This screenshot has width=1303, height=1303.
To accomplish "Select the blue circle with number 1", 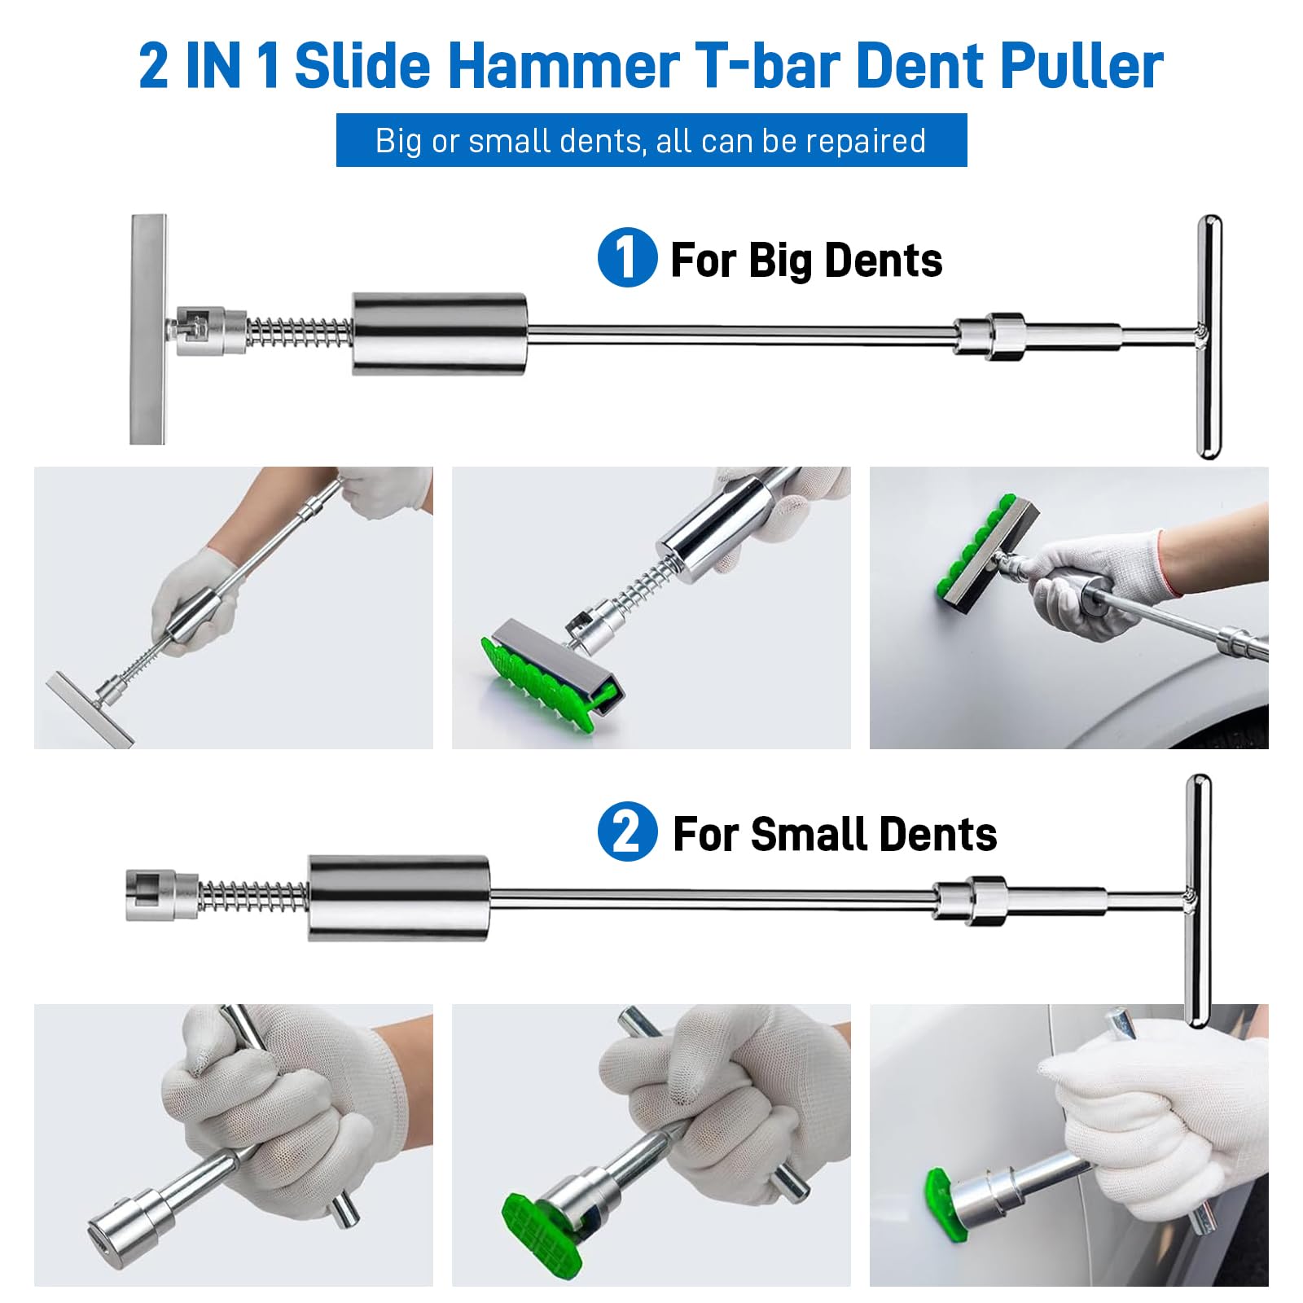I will pyautogui.click(x=627, y=257).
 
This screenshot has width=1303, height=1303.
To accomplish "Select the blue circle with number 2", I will pyautogui.click(x=627, y=831).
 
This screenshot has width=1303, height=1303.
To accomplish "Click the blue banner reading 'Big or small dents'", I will pyautogui.click(x=651, y=140).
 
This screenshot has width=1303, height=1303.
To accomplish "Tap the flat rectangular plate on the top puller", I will pyautogui.click(x=148, y=329).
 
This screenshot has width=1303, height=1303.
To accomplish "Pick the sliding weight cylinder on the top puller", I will pyautogui.click(x=440, y=334).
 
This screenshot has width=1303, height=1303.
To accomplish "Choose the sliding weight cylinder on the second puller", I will pyautogui.click(x=398, y=898).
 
